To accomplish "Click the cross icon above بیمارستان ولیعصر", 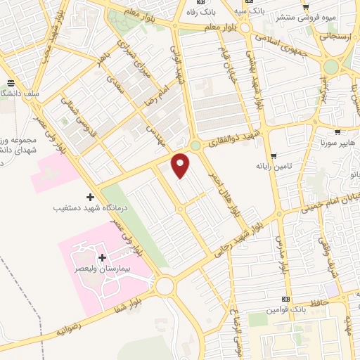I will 103,258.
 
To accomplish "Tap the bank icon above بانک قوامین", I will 286,299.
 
